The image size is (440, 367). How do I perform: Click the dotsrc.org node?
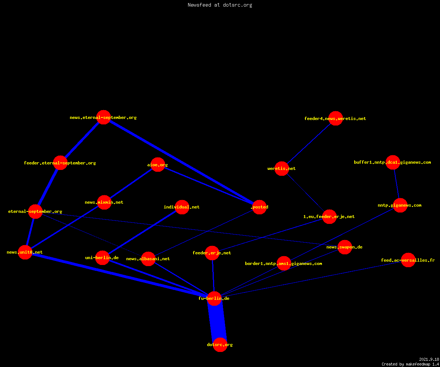click(220, 345)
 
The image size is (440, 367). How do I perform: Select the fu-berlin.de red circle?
click(214, 298)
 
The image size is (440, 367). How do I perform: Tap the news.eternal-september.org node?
click(103, 117)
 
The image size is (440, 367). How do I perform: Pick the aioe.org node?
click(158, 164)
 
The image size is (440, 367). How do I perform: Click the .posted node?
click(259, 207)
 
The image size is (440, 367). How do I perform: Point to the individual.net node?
click(182, 207)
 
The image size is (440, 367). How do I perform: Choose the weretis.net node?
click(282, 168)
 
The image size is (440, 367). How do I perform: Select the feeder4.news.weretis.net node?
click(335, 118)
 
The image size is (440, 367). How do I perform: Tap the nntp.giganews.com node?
click(400, 205)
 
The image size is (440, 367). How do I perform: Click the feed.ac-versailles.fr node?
click(408, 260)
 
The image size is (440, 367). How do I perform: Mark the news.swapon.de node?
click(345, 247)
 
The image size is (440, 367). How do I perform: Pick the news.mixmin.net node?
click(104, 202)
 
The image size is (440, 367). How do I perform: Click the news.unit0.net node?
click(25, 252)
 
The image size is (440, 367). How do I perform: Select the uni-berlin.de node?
click(102, 258)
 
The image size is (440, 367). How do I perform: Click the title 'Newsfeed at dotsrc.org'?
click(220, 5)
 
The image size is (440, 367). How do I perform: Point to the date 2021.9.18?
click(429, 359)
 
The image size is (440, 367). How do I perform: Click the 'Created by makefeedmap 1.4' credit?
click(410, 364)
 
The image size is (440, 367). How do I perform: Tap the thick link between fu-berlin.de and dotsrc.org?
click(217, 321)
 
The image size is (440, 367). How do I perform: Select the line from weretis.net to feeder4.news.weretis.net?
click(308, 143)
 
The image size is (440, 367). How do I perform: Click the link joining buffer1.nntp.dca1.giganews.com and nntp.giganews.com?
click(396, 184)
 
